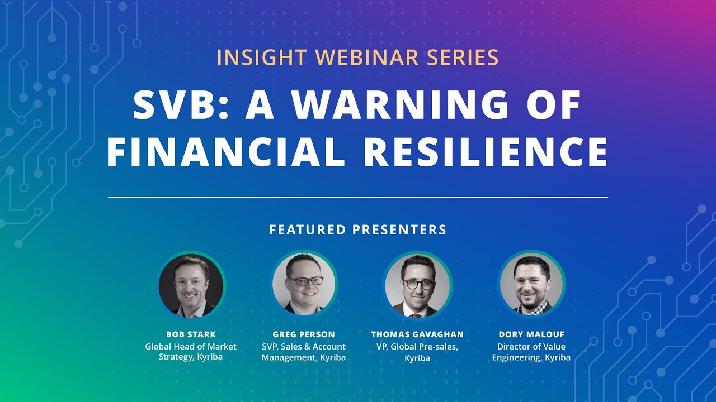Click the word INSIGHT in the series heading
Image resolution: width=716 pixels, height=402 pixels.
(261, 58)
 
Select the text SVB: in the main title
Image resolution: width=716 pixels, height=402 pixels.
(178, 106)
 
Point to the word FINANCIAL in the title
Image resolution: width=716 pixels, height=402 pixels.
(225, 152)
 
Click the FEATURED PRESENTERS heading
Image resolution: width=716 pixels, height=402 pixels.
(358, 229)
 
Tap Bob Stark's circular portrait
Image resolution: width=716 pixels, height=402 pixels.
(191, 285)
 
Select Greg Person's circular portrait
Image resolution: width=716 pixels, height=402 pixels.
(304, 285)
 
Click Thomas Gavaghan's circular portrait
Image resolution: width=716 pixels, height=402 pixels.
(417, 285)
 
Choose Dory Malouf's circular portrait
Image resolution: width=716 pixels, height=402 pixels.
(531, 285)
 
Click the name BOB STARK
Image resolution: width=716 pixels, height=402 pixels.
(191, 334)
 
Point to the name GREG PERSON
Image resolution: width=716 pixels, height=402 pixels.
(304, 334)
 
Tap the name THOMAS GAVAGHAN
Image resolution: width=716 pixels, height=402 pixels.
(417, 334)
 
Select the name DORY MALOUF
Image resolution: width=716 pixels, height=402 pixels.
(531, 334)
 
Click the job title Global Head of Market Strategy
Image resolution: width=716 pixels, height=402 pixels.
(191, 352)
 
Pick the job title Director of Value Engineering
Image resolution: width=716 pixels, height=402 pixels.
(531, 352)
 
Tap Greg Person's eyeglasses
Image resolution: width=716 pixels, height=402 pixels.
(305, 281)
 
